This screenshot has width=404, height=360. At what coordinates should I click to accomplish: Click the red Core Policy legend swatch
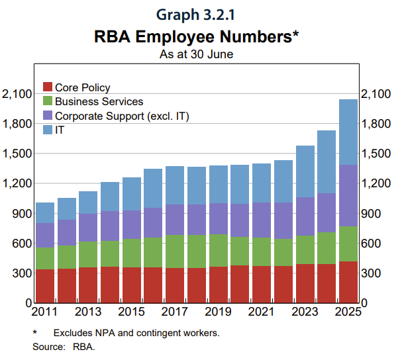pyautogui.click(x=48, y=87)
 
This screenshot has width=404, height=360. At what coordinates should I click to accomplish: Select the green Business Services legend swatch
pyautogui.click(x=48, y=101)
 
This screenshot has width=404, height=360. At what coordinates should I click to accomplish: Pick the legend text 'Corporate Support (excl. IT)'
pyautogui.click(x=122, y=116)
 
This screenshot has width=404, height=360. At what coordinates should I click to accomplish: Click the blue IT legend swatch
pyautogui.click(x=48, y=130)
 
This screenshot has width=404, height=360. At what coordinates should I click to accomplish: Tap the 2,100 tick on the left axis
pyautogui.click(x=16, y=94)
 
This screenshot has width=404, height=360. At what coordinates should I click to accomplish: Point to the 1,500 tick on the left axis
pyautogui.click(x=16, y=154)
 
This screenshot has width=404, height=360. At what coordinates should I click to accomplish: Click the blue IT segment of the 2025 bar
pyautogui.click(x=348, y=132)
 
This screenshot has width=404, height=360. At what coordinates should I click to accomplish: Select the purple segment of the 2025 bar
pyautogui.click(x=348, y=195)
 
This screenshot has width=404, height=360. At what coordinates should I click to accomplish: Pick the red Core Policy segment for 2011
pyautogui.click(x=44, y=286)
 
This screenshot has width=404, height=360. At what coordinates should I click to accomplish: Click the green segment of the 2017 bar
pyautogui.click(x=175, y=251)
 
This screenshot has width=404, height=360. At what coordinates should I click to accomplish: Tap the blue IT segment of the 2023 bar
pyautogui.click(x=305, y=171)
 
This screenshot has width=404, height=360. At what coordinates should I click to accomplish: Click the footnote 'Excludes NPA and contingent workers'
pyautogui.click(x=136, y=333)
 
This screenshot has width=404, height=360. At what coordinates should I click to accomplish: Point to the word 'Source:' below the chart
pyautogui.click(x=46, y=346)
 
